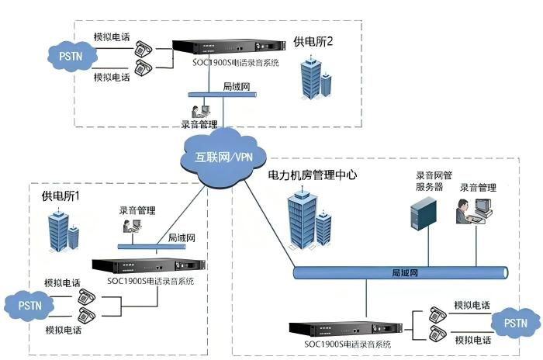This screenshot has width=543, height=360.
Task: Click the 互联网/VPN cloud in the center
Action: tap(223, 157)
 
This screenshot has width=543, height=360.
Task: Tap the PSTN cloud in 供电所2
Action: tap(72, 56)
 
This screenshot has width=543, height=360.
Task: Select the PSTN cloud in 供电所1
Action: tap(29, 306)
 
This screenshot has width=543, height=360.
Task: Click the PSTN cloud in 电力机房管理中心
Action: tap(515, 323)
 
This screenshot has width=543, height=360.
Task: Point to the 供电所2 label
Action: tap(313, 42)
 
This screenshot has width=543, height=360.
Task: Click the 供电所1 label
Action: tap(61, 196)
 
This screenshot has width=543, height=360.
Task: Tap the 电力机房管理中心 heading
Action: tap(313, 175)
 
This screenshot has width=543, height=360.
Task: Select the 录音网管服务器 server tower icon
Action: tap(424, 213)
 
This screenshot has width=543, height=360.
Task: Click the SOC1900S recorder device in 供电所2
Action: tap(229, 47)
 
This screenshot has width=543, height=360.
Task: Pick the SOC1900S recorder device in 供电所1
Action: tap(149, 266)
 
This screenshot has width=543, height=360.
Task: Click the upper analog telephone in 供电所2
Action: tap(144, 48)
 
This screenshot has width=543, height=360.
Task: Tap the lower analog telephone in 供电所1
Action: tap(86, 315)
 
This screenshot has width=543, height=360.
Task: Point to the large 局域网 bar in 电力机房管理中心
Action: tap(401, 272)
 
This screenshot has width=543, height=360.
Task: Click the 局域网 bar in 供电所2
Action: tap(223, 94)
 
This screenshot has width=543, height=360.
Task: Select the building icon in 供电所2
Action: tap(316, 78)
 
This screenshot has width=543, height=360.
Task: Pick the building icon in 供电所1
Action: tap(64, 230)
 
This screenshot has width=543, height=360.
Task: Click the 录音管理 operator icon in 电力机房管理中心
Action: tap(474, 211)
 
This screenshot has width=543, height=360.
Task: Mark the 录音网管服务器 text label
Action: tap(434, 182)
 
